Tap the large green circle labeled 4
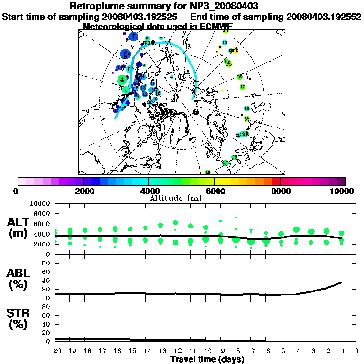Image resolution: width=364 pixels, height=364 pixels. (123, 80)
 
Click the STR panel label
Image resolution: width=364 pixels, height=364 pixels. (19, 318)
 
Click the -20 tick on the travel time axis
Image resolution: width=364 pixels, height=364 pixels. (55, 351)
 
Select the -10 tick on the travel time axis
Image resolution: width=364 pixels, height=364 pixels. (206, 351)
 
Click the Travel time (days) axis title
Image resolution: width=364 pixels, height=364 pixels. (207, 359)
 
